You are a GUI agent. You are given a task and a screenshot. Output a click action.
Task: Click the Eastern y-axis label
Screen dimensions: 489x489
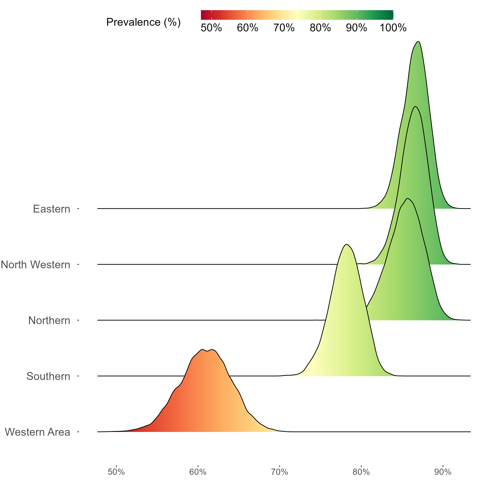(52, 209)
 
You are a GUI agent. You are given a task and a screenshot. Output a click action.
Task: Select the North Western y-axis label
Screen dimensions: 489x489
(35, 265)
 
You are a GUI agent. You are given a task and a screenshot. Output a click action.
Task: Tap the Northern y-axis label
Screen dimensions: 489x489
(49, 321)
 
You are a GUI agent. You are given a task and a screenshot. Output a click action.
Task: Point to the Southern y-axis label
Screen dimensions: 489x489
(48, 376)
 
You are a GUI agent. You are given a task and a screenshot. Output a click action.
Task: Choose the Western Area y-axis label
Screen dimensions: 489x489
(37, 432)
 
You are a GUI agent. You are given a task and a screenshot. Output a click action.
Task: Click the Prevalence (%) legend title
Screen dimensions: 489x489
(143, 22)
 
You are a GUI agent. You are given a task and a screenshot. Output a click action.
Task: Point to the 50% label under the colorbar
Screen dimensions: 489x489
(211, 28)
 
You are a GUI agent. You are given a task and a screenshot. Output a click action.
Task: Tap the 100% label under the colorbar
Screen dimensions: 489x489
(393, 28)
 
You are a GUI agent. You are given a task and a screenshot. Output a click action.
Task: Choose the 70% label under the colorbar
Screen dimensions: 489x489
(284, 28)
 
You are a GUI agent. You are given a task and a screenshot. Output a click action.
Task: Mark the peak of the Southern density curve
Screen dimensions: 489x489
(347, 244)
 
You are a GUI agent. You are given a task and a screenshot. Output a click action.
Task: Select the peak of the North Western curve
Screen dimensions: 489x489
(415, 107)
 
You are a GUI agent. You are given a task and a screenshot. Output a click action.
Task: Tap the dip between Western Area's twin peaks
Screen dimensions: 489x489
(207, 351)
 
